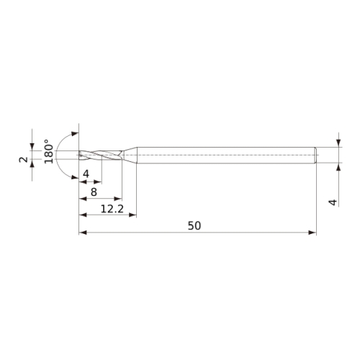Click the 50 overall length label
point(194,226)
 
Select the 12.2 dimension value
point(112,209)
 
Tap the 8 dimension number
point(94,192)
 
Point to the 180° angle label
point(49,151)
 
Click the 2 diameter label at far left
point(24,160)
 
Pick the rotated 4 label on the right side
point(333,202)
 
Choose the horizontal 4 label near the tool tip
point(86,174)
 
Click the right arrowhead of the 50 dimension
point(312,233)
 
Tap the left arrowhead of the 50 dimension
point(83,233)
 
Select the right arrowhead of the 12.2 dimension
point(132,215)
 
